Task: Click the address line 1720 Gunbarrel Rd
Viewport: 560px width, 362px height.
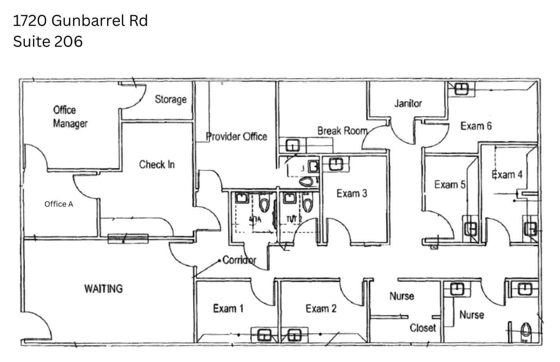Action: coord(80,20)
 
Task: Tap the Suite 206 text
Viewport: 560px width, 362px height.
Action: coord(48,41)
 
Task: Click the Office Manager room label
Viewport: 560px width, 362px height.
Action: coord(70,117)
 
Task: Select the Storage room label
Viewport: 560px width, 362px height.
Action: coord(170,99)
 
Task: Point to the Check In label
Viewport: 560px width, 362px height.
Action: coord(157,164)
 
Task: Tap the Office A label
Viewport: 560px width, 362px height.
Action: coord(59,204)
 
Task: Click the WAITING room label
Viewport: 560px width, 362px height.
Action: coord(103,289)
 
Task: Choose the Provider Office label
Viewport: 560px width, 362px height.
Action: coord(237,136)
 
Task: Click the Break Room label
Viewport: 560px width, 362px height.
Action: coord(342,130)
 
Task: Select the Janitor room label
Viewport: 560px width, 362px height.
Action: coord(408,103)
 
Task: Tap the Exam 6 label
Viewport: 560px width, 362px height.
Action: coord(476,126)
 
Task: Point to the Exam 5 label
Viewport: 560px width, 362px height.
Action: coord(449,184)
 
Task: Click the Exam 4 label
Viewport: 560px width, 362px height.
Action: coord(507,174)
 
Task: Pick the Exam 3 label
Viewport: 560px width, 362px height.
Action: coord(352,193)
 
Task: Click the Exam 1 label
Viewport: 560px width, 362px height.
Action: coord(228,309)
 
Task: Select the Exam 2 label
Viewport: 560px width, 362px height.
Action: coord(321,309)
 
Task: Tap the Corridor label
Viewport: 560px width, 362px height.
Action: coord(239,260)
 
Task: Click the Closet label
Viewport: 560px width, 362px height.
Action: coord(423,327)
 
